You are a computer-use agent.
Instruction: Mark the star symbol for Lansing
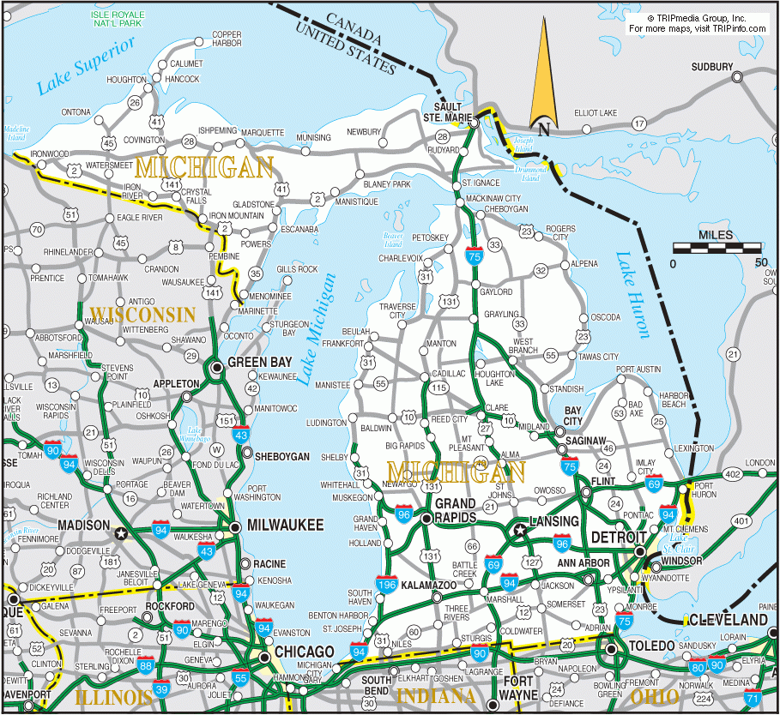(519, 531)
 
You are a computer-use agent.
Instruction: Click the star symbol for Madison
(121, 532)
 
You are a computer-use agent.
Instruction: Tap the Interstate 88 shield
(147, 664)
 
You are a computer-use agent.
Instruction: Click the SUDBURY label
(712, 67)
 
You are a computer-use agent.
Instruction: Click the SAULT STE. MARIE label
(447, 112)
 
